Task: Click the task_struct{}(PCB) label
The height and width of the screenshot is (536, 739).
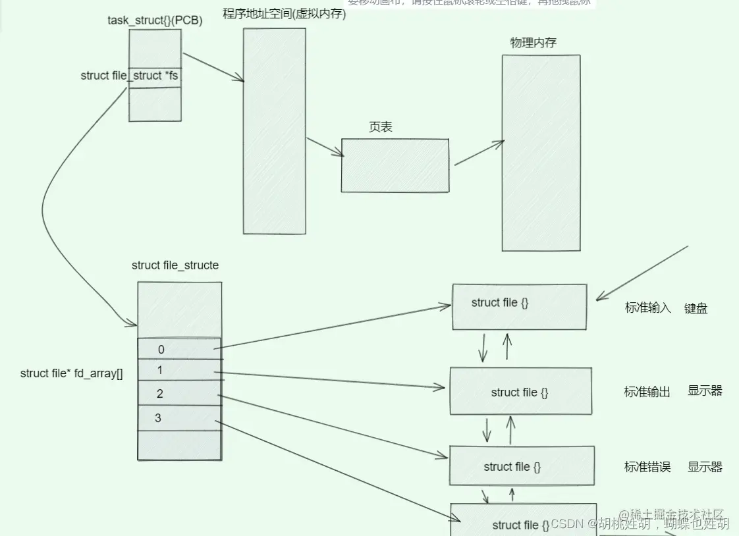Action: [x=155, y=20]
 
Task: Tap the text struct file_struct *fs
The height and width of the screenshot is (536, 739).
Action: [x=129, y=76]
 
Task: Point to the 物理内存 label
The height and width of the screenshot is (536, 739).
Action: [x=533, y=43]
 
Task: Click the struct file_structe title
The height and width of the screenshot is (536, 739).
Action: [x=175, y=265]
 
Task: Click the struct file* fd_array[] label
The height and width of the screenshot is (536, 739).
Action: [x=72, y=373]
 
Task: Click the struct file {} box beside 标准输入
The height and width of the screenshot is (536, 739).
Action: [x=519, y=306]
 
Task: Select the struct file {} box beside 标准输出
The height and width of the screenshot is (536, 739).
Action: [x=520, y=391]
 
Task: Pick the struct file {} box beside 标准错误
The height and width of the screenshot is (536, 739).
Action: [x=521, y=466]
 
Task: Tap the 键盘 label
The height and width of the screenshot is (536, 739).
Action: [x=696, y=308]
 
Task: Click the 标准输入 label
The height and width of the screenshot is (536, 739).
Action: [x=647, y=308]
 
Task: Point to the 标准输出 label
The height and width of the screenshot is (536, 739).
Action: [x=647, y=392]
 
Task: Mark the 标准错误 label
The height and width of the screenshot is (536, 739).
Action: [x=647, y=467]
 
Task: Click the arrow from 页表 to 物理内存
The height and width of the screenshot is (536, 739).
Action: [x=479, y=153]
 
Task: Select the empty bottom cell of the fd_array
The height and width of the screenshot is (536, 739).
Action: [x=179, y=445]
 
